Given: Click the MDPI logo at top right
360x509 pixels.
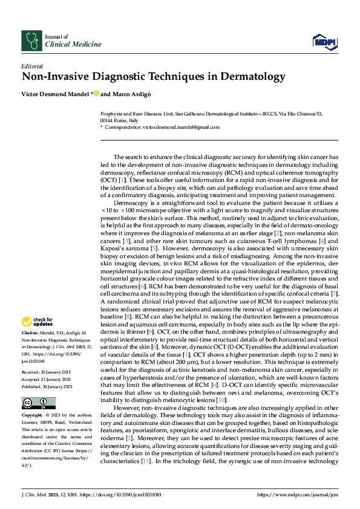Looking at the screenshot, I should (324, 40).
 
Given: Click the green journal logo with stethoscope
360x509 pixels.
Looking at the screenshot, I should (31, 41).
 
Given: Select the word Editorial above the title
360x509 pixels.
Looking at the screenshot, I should (31, 65).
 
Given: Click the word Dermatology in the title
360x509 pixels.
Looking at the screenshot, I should (249, 77).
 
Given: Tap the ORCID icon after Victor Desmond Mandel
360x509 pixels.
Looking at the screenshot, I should (96, 94).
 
